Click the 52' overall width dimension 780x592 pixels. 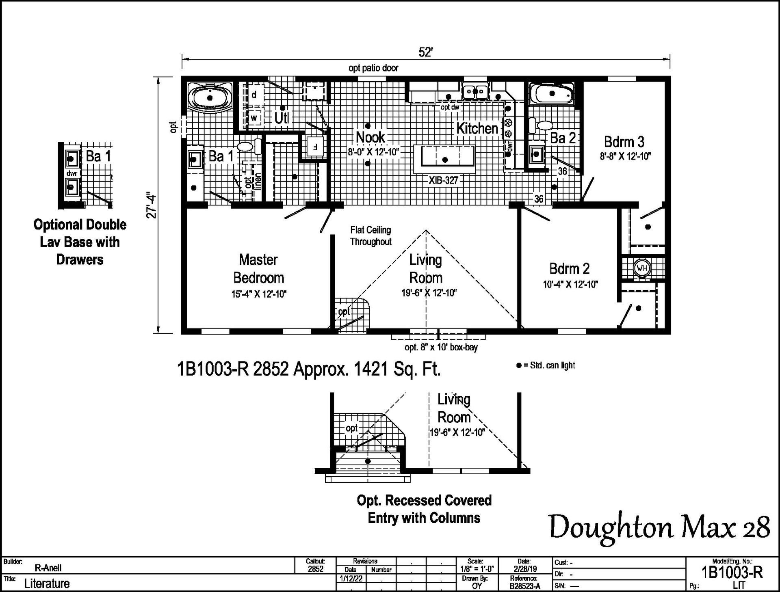(x=425, y=52)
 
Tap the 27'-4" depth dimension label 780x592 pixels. (x=152, y=205)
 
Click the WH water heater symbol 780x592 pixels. (x=641, y=268)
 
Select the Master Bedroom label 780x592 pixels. (x=258, y=268)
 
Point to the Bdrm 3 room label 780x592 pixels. (x=624, y=142)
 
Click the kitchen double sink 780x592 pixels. (x=475, y=91)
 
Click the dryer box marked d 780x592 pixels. (x=254, y=95)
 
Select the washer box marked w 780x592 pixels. (x=254, y=118)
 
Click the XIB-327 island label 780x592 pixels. (x=443, y=180)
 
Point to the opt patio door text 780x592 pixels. (x=373, y=68)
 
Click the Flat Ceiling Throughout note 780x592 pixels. (x=370, y=236)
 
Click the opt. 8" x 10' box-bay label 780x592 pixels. (x=441, y=348)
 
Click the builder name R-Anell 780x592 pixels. (x=48, y=568)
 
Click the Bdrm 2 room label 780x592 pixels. (x=569, y=268)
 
